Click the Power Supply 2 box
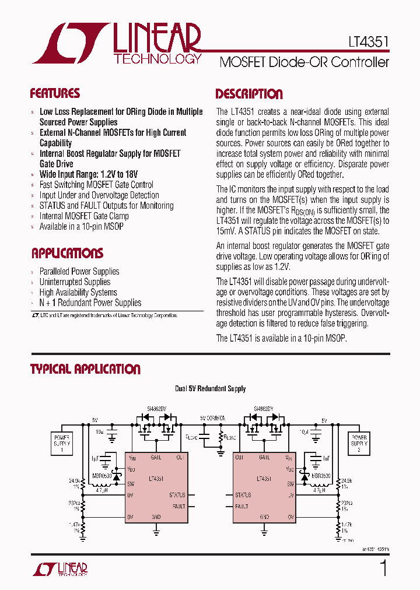(x=358, y=443)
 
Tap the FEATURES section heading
(x=55, y=93)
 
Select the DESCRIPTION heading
(x=249, y=94)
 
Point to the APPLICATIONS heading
(x=66, y=253)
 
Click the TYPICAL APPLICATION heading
(x=85, y=369)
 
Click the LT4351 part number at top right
(x=365, y=42)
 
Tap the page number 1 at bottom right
(x=383, y=567)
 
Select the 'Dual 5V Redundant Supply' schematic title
(x=210, y=389)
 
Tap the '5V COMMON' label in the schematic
(x=212, y=418)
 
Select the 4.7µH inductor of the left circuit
(x=108, y=489)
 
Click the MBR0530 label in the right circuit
(x=320, y=476)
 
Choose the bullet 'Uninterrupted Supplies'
(x=74, y=282)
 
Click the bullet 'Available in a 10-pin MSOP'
(x=81, y=226)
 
